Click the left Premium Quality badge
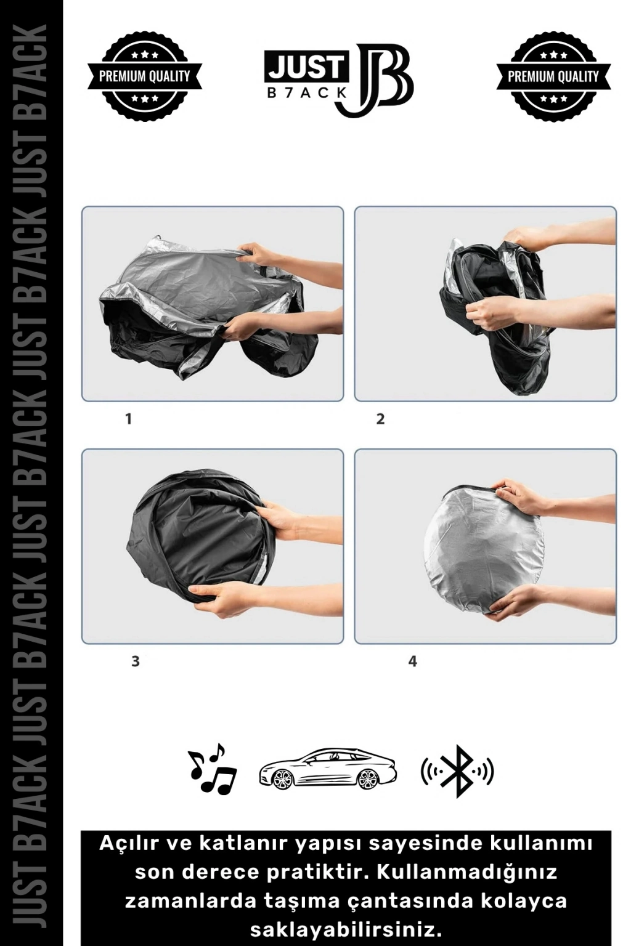[144, 76]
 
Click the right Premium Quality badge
[553, 76]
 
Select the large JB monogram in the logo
[374, 79]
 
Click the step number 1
[129, 419]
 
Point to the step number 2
[380, 419]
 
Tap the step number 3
[135, 661]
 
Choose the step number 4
[412, 661]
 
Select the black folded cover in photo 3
[198, 541]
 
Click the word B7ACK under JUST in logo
[307, 93]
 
